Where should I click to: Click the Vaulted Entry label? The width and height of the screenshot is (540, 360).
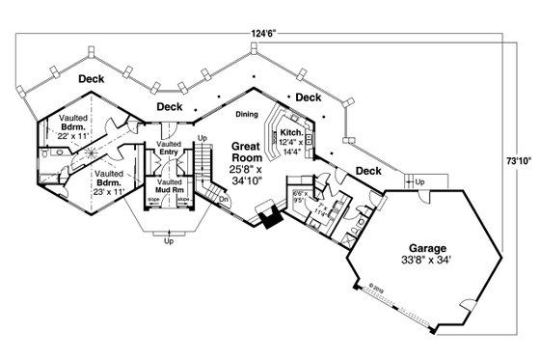point(169,148)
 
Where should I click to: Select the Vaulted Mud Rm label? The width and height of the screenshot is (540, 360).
point(169,185)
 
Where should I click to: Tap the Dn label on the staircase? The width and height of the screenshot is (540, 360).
point(224,200)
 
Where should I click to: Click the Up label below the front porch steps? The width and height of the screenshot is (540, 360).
point(170,241)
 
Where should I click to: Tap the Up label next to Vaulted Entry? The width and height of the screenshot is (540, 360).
point(202,138)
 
